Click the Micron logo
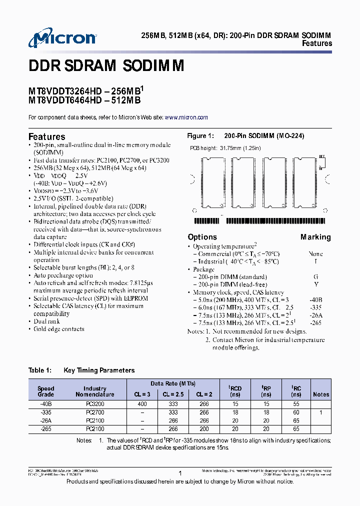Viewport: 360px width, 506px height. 62,38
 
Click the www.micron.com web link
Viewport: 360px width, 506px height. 186,117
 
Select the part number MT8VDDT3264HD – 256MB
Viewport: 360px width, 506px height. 85,91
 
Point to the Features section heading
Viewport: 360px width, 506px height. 46,136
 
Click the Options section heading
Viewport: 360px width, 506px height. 202,237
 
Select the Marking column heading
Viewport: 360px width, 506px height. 315,237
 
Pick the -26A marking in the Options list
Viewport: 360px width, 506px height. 315,315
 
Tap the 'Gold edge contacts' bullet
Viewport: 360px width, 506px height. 58,329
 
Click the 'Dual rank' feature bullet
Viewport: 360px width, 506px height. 46,321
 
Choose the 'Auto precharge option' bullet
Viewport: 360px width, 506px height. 63,275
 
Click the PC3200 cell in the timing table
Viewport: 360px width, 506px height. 94,404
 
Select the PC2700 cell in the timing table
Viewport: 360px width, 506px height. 94,412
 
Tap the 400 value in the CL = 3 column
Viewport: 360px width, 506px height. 142,404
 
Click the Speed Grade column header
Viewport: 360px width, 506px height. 46,391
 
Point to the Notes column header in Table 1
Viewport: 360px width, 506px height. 321,394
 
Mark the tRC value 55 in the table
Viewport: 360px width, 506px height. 296,404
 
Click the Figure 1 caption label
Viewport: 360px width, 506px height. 200,136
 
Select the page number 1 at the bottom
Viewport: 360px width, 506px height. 179,472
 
